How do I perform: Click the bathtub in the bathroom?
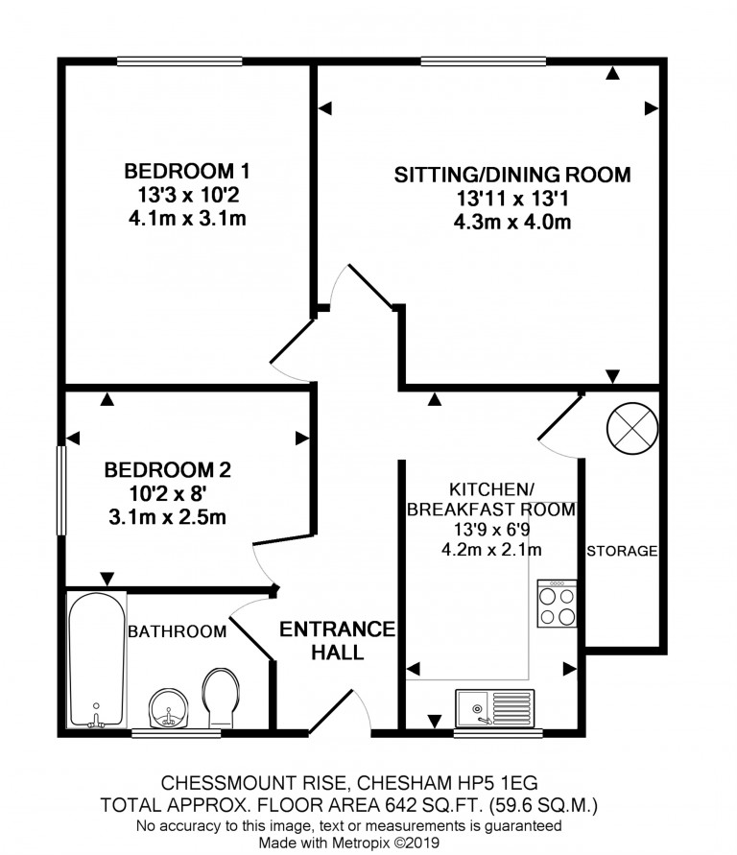click(97, 660)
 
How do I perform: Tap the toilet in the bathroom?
click(220, 698)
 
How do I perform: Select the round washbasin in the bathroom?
click(169, 708)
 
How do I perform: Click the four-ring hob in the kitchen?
click(557, 603)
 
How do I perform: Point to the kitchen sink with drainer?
click(495, 708)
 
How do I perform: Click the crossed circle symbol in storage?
click(631, 428)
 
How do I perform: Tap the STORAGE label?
click(622, 551)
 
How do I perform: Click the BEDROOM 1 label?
click(187, 171)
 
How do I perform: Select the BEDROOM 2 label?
click(167, 469)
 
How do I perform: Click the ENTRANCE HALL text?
click(338, 640)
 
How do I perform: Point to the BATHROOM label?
click(178, 631)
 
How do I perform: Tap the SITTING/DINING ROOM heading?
click(512, 175)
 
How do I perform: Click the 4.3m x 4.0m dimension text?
click(512, 222)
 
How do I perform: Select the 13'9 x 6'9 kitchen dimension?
click(491, 530)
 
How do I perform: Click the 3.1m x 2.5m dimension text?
click(167, 517)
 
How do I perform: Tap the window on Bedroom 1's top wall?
click(179, 61)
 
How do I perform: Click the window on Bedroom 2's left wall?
click(61, 490)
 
